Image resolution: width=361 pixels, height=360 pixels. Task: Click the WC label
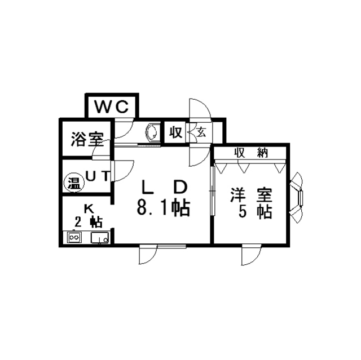pos(111,106)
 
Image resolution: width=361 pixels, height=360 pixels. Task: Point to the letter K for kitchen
pos(88,208)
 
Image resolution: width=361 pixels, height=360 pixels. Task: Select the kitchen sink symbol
pos(100,238)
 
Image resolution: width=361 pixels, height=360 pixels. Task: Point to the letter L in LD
pos(146,186)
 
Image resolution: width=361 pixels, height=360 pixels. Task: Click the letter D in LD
pos(179,186)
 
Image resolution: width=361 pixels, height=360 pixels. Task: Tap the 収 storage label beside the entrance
pos(175,133)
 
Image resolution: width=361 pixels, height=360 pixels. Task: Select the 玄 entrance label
pos(200,133)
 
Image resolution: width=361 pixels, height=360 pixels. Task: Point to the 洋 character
pos(236,195)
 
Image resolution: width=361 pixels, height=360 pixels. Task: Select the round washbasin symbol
pos(152,133)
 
